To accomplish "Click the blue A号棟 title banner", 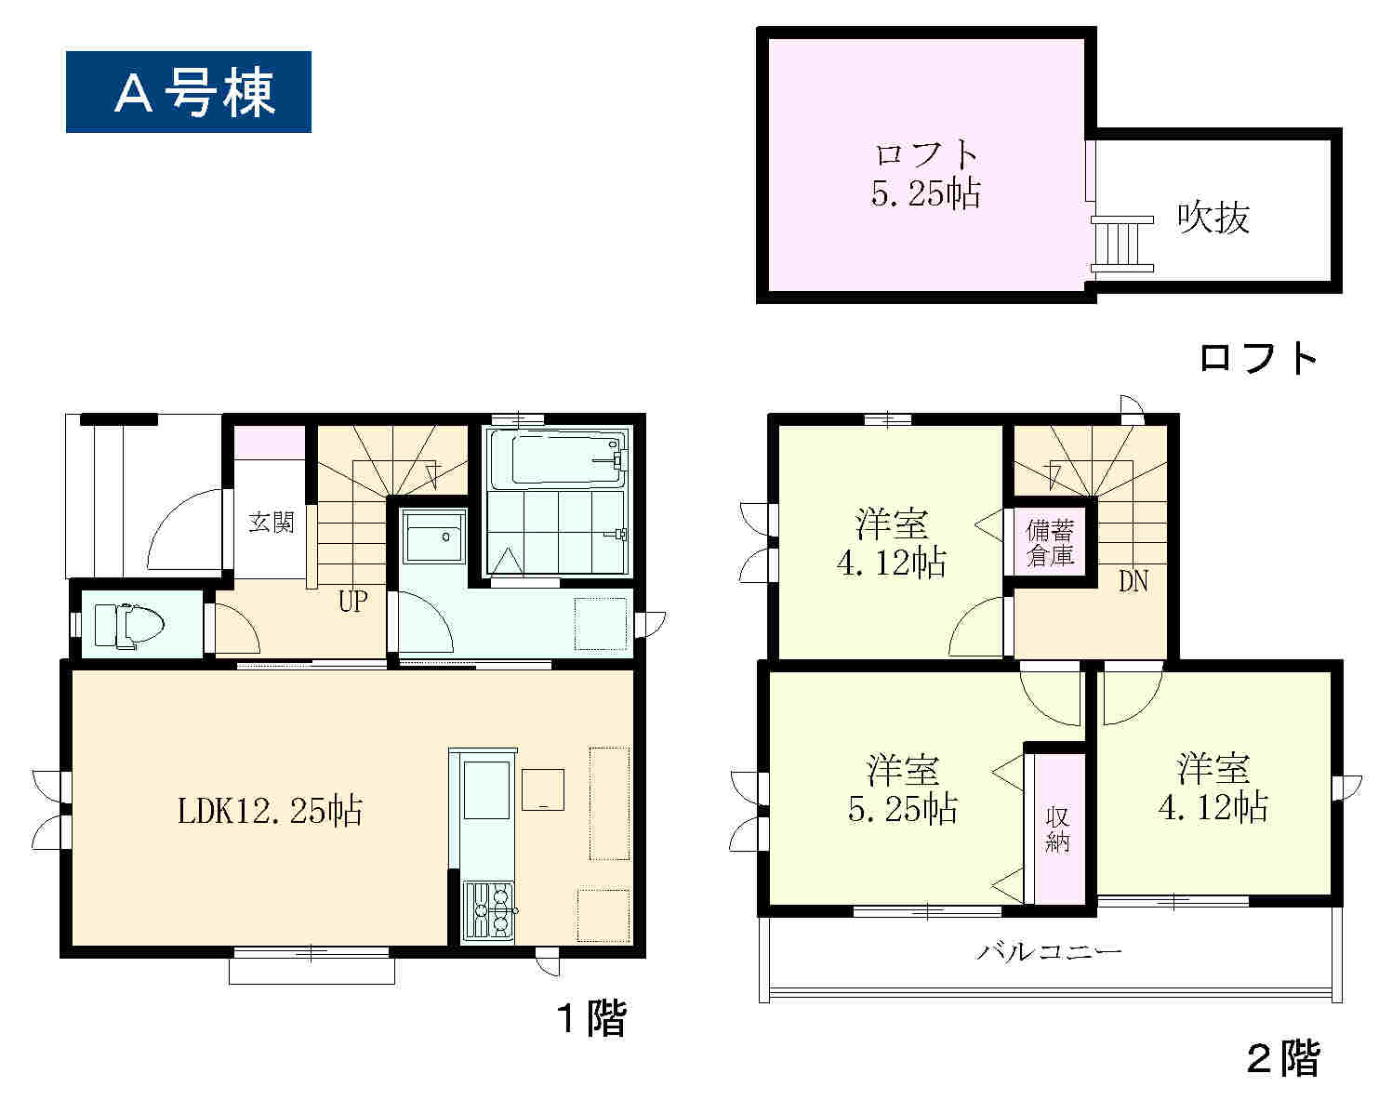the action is tap(188, 92).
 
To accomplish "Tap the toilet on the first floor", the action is tap(128, 625).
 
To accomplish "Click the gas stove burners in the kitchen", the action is tap(488, 911).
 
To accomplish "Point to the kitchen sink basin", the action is tap(486, 790).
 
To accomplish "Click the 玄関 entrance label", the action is tap(271, 523).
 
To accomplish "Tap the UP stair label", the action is tap(353, 602).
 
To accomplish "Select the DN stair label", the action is tap(1133, 582).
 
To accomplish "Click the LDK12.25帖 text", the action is tap(271, 811).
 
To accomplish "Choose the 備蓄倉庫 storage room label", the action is tap(1050, 544).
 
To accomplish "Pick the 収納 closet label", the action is tap(1057, 830).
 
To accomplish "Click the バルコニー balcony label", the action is tap(1049, 952).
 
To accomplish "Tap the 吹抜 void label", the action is tap(1213, 218).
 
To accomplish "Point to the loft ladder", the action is tap(1122, 244).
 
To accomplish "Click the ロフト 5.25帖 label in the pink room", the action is tap(925, 174).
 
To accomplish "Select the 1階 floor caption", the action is tap(592, 1018).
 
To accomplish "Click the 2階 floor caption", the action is tap(1284, 1059).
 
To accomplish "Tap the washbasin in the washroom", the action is tap(434, 537).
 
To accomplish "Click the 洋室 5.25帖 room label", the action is tap(903, 789).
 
